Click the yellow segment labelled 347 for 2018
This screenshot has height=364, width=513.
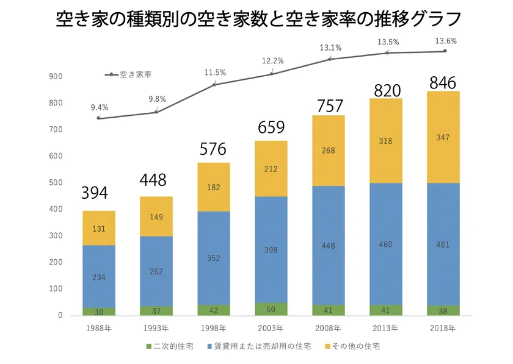[x=443, y=138]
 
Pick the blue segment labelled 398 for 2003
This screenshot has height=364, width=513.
[x=271, y=250]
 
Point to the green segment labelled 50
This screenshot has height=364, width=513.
[x=271, y=309]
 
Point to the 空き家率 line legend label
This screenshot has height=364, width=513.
[x=136, y=74]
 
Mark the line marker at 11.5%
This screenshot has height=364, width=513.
[x=214, y=84]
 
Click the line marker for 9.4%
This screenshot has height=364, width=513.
[x=99, y=118]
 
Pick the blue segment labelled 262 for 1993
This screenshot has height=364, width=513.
[x=156, y=271]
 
